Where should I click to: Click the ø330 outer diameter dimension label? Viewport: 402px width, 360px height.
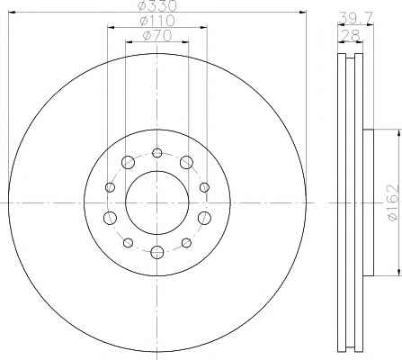click(x=158, y=5)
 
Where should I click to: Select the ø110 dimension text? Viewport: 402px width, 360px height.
click(x=157, y=21)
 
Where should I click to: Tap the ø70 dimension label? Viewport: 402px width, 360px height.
click(x=157, y=36)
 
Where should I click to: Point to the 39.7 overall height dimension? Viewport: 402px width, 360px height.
click(x=355, y=18)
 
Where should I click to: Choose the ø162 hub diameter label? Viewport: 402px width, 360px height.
click(x=393, y=203)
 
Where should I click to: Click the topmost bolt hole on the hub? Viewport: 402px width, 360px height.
click(x=157, y=153)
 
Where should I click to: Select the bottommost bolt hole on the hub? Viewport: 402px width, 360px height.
click(x=157, y=252)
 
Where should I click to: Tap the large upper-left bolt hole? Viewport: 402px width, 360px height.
click(x=128, y=162)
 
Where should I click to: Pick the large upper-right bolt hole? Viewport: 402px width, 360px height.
click(x=186, y=162)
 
